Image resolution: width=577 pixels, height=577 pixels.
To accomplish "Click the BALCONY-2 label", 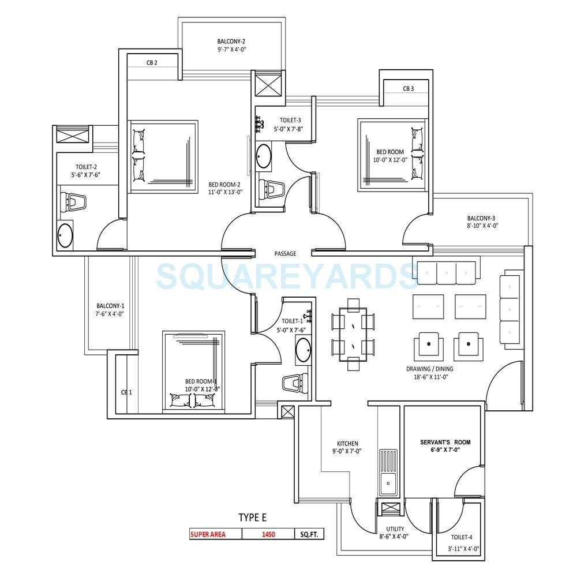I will click(x=231, y=42).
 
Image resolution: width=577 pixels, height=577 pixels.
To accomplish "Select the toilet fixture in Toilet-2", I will click(x=73, y=202).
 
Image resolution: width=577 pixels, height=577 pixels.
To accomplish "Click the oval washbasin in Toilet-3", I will click(x=264, y=156).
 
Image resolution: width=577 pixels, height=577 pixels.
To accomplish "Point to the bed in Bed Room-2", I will click(x=163, y=156).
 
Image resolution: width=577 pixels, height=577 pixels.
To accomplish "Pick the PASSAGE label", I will click(x=285, y=253).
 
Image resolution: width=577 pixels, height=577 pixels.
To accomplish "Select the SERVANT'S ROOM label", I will click(x=445, y=442).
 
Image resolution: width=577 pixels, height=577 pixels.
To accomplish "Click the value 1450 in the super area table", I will click(x=268, y=534).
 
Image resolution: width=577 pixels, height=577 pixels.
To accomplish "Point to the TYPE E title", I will click(x=253, y=517).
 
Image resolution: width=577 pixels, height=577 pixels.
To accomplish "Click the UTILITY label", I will click(x=395, y=529).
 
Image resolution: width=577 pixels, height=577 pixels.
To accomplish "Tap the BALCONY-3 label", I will click(x=481, y=218).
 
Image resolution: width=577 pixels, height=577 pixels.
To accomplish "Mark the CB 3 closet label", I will click(x=409, y=88).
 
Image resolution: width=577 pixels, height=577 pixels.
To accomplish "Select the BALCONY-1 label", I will click(x=110, y=306).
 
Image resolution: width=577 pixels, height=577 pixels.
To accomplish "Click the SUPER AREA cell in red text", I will click(x=208, y=534).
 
